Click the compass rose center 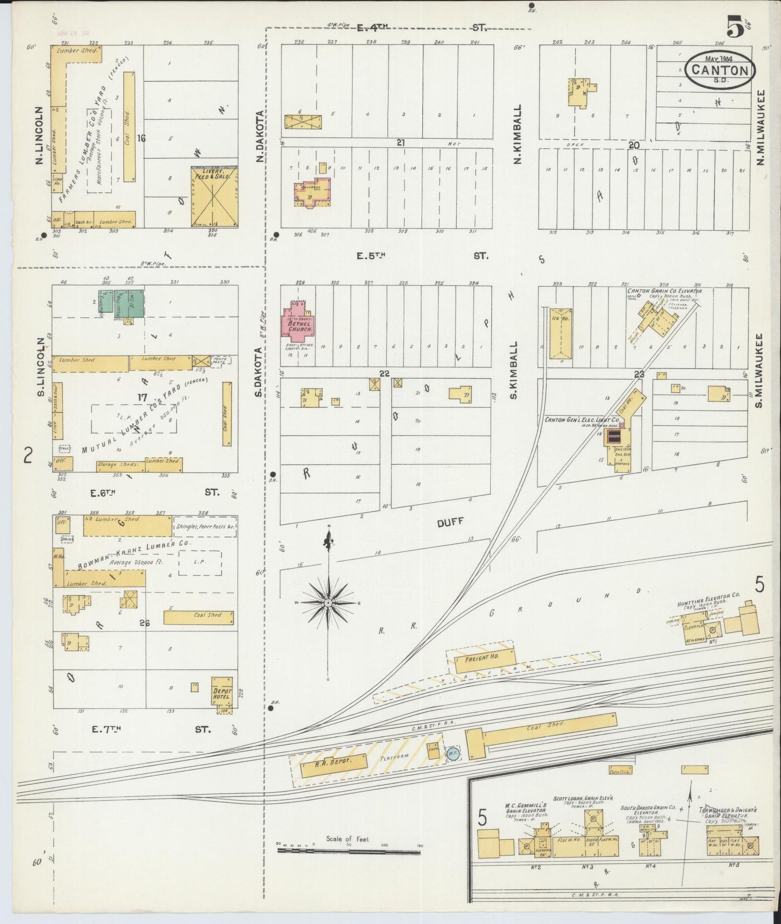328,602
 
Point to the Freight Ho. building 483,660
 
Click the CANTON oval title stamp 719,69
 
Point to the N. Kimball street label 517,134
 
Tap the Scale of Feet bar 349,851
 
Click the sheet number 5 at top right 735,25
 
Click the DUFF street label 450,522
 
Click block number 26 144,623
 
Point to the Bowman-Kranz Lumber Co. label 133,555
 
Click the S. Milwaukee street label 759,370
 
